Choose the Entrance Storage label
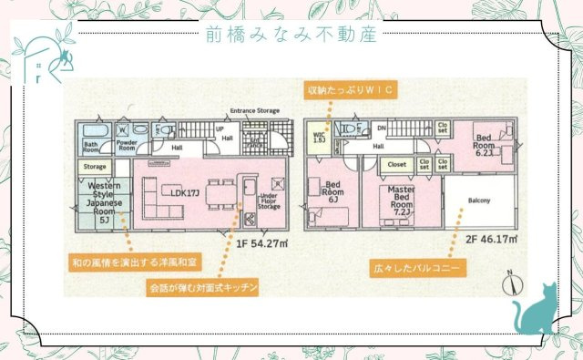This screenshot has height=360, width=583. pyautogui.click(x=254, y=110)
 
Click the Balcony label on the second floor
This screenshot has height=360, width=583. pyautogui.click(x=480, y=200)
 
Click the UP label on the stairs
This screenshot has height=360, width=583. pyautogui.click(x=219, y=129)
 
